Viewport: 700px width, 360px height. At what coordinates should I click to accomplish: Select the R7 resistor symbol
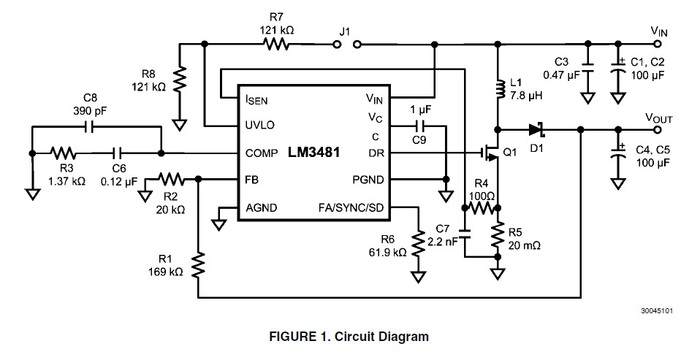tap(277, 45)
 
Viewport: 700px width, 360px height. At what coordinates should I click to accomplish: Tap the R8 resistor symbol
tap(179, 77)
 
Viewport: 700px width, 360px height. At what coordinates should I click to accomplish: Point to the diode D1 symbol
tap(537, 129)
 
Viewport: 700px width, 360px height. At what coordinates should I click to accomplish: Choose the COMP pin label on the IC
tap(261, 153)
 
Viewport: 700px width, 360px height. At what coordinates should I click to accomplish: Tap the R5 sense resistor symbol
tap(498, 235)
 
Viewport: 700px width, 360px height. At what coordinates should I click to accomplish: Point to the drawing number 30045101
tap(656, 311)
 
